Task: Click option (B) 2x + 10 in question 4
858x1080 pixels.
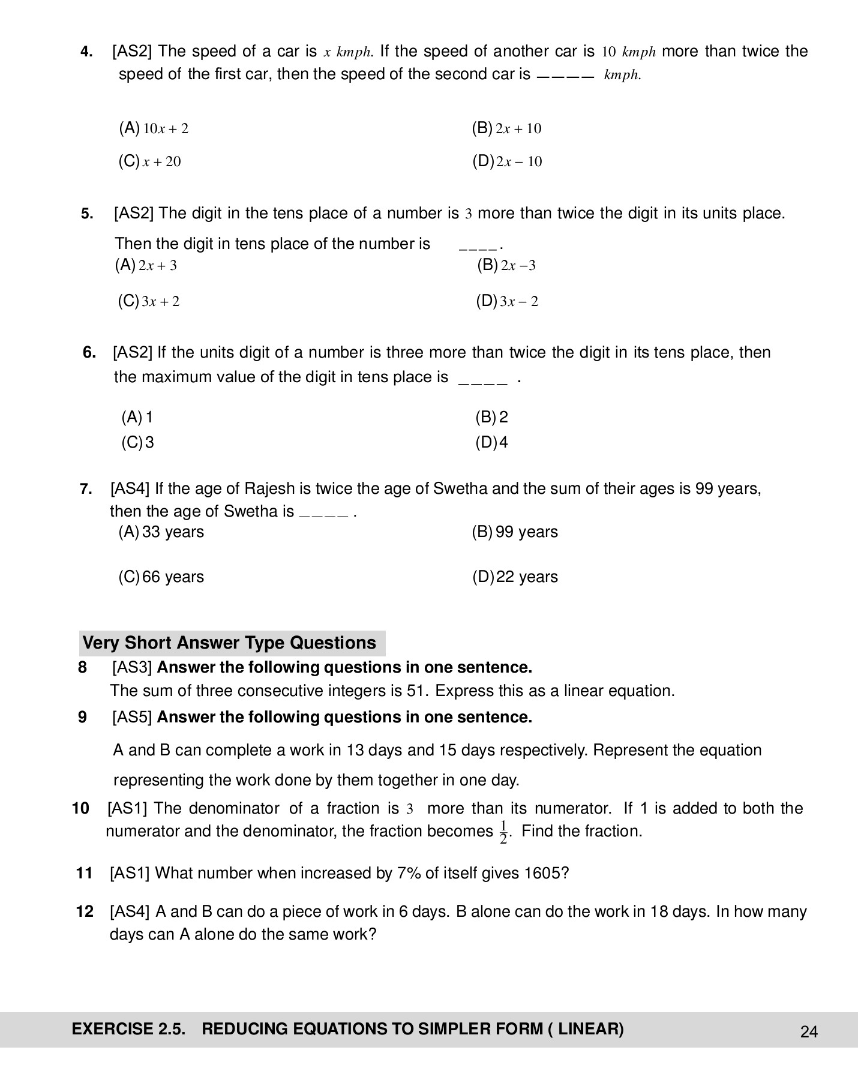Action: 506,128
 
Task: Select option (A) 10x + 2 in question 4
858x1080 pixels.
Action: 154,128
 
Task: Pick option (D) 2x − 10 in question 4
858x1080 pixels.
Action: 507,161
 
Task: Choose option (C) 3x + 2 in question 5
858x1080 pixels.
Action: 149,301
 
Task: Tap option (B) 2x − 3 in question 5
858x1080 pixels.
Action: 506,265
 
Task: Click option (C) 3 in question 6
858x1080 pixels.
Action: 138,443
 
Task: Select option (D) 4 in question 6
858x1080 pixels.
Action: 491,443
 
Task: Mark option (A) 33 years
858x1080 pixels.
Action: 161,532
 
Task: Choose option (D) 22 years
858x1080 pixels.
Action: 515,577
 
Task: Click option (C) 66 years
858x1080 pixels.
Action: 161,577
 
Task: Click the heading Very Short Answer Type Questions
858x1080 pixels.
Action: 229,643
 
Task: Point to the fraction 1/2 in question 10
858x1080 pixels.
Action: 503,832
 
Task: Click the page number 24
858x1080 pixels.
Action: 808,1032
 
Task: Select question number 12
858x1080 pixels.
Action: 85,912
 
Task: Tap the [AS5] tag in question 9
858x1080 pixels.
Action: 132,718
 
